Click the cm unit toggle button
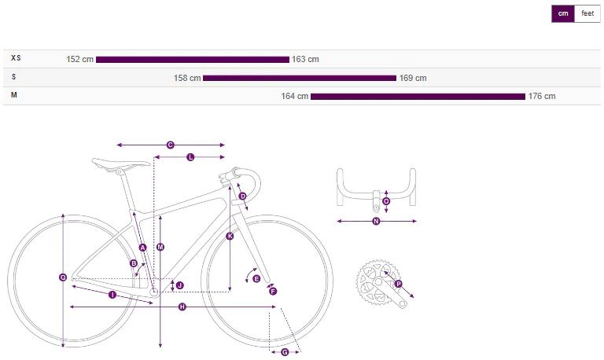[563, 14]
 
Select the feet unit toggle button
[587, 14]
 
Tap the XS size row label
[16, 58]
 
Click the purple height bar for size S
[300, 78]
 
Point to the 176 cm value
[542, 96]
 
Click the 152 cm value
[79, 59]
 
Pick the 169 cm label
[413, 78]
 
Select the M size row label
[14, 95]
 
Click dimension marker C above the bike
[170, 145]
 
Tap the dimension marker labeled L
[190, 157]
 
